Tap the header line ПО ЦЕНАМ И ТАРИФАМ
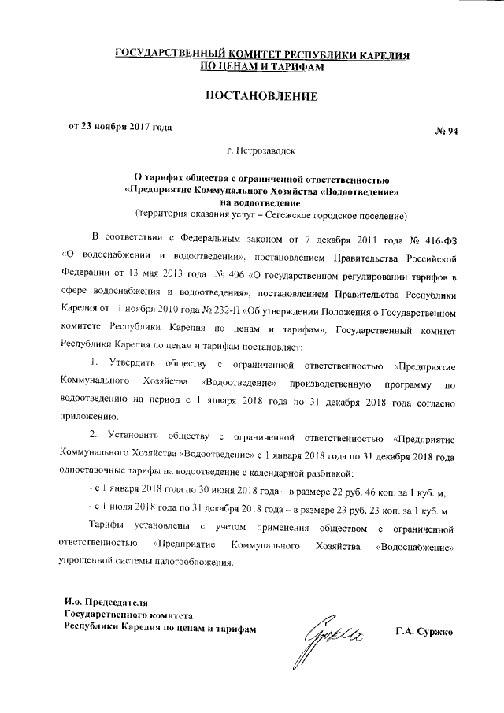(261, 68)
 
